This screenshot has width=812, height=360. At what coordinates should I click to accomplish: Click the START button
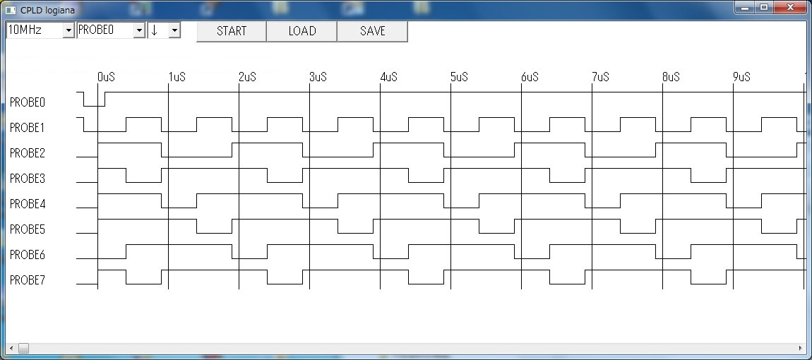point(232,31)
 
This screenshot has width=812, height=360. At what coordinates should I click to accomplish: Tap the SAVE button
point(372,31)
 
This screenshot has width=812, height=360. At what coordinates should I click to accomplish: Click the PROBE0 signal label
point(28,102)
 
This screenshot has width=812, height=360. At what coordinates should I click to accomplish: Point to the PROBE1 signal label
point(28,128)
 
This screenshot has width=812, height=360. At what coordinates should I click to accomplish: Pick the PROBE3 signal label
point(28,179)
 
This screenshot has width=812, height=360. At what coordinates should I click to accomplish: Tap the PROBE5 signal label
point(28,229)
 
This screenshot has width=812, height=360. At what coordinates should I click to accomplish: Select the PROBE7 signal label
point(28,280)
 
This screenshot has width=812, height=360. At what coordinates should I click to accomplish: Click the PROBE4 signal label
point(28,204)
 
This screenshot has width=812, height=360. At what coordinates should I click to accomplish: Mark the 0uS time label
point(106,77)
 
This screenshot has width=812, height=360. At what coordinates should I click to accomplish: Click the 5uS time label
point(460,77)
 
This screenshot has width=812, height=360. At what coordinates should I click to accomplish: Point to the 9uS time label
point(741,77)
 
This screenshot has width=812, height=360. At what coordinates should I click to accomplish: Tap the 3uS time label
point(318,77)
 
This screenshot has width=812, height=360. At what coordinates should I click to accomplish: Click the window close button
point(790,7)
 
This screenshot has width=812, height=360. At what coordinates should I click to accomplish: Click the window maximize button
point(765,7)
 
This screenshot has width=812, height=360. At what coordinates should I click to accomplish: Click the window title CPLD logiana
point(47,10)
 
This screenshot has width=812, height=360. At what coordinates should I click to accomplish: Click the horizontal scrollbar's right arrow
point(801,349)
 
